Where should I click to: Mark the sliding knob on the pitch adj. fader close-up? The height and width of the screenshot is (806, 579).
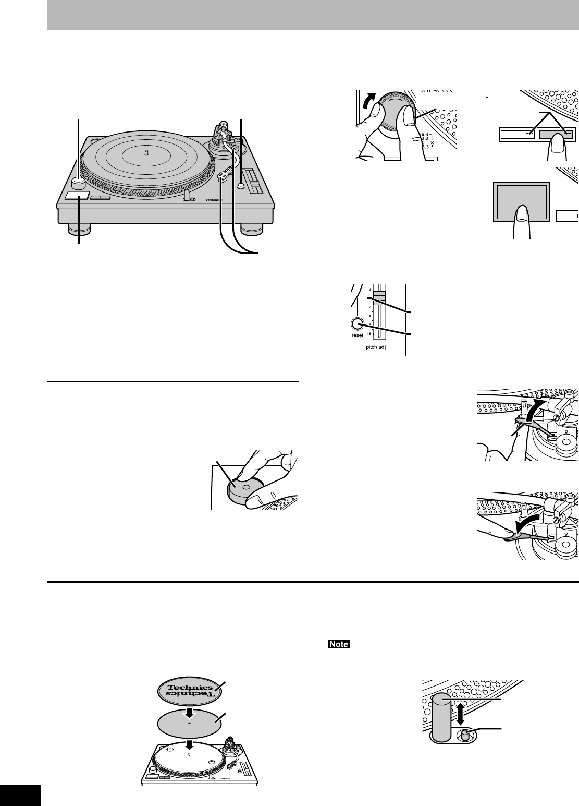pyautogui.click(x=378, y=296)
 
